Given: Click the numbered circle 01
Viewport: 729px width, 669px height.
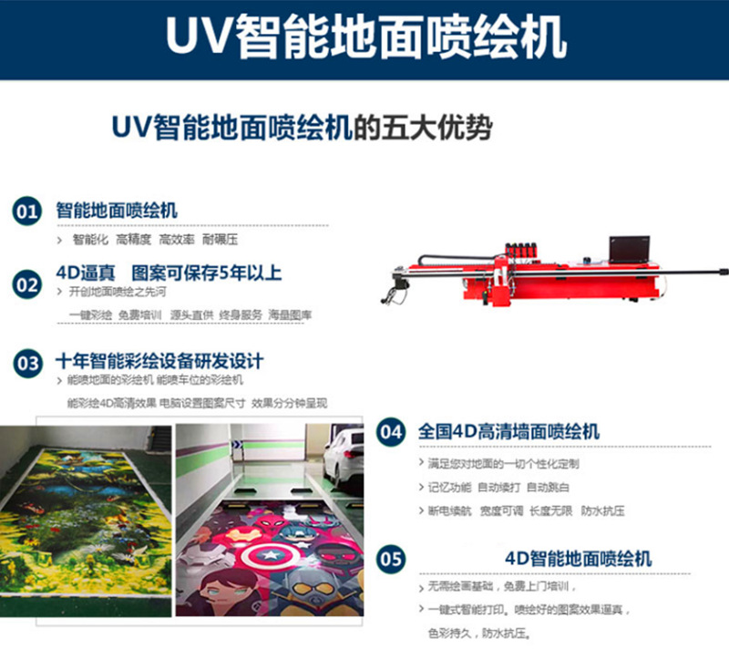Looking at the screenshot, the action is pyautogui.click(x=27, y=211).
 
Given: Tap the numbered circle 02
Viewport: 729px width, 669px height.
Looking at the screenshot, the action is pyautogui.click(x=27, y=284).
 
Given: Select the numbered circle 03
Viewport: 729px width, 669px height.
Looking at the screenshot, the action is pyautogui.click(x=28, y=363).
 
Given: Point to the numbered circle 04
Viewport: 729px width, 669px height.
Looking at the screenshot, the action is pyautogui.click(x=391, y=432).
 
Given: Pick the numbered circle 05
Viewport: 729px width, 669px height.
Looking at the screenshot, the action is pyautogui.click(x=391, y=559).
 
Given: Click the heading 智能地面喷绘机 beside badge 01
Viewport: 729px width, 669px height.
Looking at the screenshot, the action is pyautogui.click(x=117, y=211).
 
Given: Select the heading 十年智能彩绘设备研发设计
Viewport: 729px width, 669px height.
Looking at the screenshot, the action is pyautogui.click(x=159, y=361).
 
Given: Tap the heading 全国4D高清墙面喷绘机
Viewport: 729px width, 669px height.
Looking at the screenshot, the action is pyautogui.click(x=508, y=431).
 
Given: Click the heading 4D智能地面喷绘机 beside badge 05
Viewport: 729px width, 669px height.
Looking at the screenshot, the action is pyautogui.click(x=579, y=559).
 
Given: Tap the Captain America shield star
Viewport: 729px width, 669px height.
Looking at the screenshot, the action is pyautogui.click(x=269, y=555).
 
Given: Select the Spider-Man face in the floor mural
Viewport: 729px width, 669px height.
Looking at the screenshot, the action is pyautogui.click(x=273, y=526).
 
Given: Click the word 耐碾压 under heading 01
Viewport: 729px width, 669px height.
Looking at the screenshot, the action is pyautogui.click(x=220, y=240).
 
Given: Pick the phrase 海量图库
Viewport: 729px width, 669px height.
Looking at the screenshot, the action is pyautogui.click(x=290, y=314).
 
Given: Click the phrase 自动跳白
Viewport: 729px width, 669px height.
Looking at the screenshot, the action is pyautogui.click(x=548, y=488).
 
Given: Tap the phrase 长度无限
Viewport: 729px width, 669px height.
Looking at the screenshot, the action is pyautogui.click(x=551, y=511).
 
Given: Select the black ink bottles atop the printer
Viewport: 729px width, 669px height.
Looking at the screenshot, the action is pyautogui.click(x=521, y=248).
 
